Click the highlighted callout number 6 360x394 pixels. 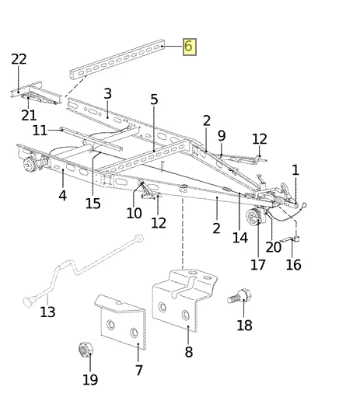pyautogui.click(x=190, y=47)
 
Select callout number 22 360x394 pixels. pyautogui.click(x=19, y=59)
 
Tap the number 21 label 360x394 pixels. pyautogui.click(x=29, y=115)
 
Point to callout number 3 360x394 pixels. pyautogui.click(x=107, y=93)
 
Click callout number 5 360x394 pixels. pyautogui.click(x=154, y=99)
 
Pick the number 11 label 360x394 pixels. pyautogui.click(x=40, y=131)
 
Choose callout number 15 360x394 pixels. pyautogui.click(x=93, y=204)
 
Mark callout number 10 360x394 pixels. pyautogui.click(x=134, y=213)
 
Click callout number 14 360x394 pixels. pyautogui.click(x=240, y=238)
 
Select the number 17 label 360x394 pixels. pyautogui.click(x=258, y=265)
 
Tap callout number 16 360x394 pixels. pyautogui.click(x=293, y=265)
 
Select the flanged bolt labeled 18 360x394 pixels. pyautogui.click(x=239, y=297)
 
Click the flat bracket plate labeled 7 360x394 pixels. pyautogui.click(x=121, y=321)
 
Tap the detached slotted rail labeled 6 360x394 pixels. pyautogui.click(x=117, y=59)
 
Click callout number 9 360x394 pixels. pyautogui.click(x=222, y=136)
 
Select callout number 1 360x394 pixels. pyautogui.click(x=295, y=170)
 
